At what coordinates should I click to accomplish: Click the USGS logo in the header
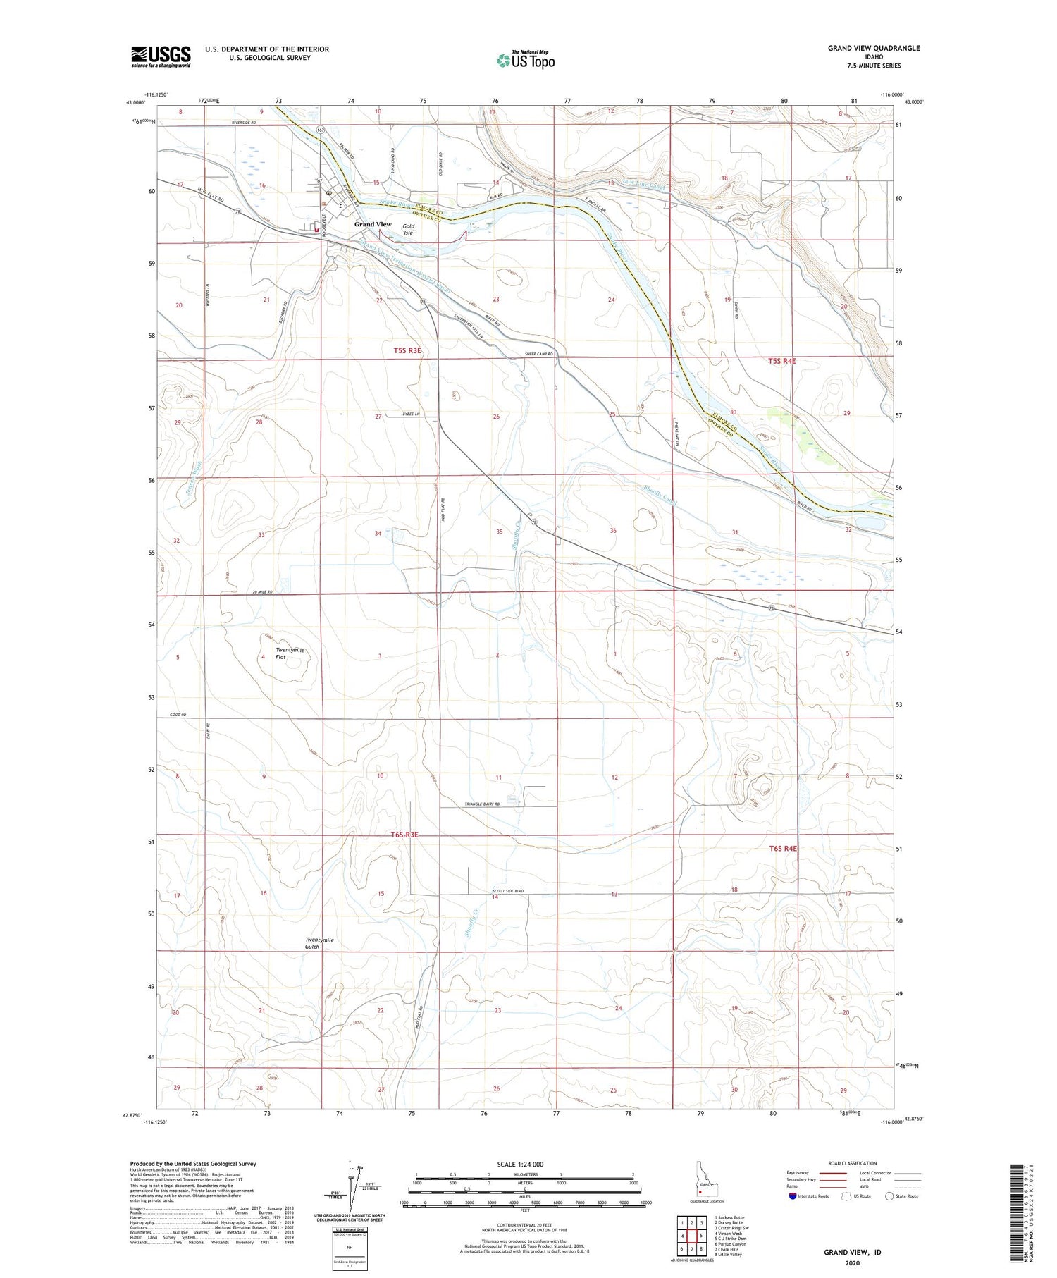(x=161, y=56)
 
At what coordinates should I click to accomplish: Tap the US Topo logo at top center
(x=526, y=61)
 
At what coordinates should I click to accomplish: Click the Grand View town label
(x=373, y=224)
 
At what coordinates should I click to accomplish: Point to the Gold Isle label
(x=408, y=229)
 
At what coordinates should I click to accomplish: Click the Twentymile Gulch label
(x=319, y=943)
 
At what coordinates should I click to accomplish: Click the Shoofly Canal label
(x=660, y=494)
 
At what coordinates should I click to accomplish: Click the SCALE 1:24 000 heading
(x=520, y=1164)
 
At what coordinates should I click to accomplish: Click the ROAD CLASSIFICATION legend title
(x=853, y=1163)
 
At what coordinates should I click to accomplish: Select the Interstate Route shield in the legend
(x=793, y=1196)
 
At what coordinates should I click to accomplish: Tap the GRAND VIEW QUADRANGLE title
(x=873, y=48)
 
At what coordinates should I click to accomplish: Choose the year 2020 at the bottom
(x=852, y=1262)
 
